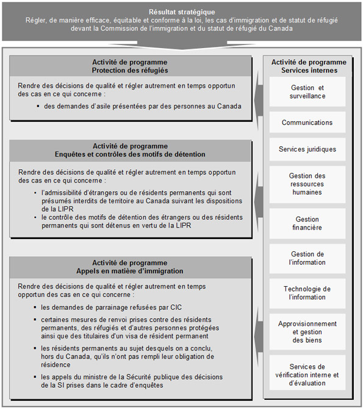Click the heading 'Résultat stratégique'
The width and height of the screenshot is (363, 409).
tap(181, 12)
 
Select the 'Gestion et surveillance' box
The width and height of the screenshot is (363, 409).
tap(307, 92)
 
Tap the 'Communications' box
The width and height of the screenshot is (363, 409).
tap(307, 122)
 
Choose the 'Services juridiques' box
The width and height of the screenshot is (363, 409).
tap(307, 149)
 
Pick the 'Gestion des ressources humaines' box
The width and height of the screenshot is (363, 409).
tap(307, 184)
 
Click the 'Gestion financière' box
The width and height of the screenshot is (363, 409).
tap(307, 223)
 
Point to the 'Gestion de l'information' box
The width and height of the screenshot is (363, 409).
tap(307, 258)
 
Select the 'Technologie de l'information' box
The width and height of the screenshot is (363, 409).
tap(307, 293)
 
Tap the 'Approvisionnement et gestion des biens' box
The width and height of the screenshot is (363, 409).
tap(307, 332)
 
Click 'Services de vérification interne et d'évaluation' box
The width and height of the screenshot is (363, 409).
tap(307, 375)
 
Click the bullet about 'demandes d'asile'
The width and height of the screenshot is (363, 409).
tap(142, 106)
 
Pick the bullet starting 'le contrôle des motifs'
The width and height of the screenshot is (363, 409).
tap(142, 221)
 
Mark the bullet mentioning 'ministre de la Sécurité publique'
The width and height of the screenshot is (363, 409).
tap(131, 381)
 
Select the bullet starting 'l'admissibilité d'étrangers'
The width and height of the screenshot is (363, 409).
tap(142, 200)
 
